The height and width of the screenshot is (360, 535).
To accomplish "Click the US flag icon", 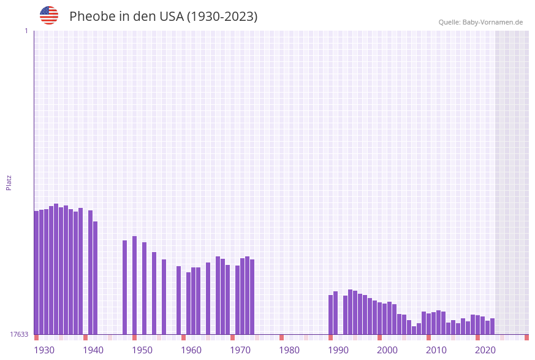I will point(49,15).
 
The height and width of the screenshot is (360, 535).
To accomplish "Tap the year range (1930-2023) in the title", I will point(222,17).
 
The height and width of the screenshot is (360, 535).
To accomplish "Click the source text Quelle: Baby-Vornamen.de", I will point(480,23).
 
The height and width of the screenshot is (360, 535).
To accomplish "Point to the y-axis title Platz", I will point(9,182).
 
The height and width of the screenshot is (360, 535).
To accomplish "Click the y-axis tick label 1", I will point(26,31).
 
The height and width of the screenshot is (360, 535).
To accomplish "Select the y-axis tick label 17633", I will point(19,334).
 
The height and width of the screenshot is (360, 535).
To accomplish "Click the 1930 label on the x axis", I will point(44,350).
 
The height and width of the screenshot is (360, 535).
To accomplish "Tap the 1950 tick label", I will point(142,350).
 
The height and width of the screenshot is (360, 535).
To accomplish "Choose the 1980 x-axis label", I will point(289,350).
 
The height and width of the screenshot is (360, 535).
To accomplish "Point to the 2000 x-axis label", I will point(387,350).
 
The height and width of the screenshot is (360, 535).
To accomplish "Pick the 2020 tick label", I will point(485,350).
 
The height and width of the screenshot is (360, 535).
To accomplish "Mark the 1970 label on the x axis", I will point(240,350).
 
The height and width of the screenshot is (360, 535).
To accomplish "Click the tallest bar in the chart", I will point(56,269).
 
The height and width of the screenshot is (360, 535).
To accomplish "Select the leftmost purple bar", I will point(36,272).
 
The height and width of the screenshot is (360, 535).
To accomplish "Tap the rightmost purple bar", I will point(492,326).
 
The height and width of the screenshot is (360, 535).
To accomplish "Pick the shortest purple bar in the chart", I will point(414,330).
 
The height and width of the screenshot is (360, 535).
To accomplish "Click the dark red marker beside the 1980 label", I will point(281,337).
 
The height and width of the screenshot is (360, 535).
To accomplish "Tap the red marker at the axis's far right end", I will point(526,337).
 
